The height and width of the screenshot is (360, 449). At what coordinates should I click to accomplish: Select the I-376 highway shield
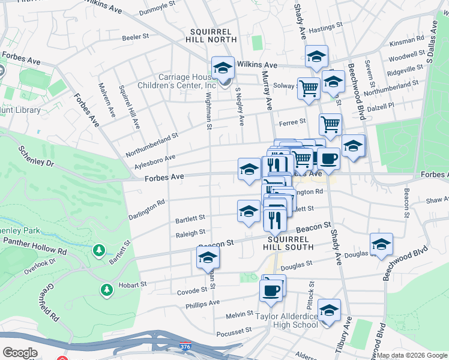[x=187, y=347]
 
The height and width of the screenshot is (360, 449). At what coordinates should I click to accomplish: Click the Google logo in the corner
[x=20, y=353]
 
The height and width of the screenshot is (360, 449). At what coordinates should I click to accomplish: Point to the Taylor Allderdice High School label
[x=287, y=320]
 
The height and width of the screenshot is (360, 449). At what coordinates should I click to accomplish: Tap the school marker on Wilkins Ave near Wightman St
[x=223, y=67]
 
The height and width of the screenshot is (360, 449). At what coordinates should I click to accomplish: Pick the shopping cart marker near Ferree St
[x=330, y=124]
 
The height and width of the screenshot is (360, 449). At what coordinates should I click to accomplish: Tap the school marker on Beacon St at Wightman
[x=208, y=257]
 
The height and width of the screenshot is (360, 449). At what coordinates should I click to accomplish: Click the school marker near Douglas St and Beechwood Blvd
[x=381, y=244]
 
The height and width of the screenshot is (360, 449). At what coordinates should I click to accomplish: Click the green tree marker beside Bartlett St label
[x=99, y=249]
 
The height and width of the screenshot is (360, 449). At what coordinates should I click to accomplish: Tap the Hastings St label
[x=325, y=26]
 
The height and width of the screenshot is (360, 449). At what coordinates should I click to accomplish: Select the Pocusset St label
[x=235, y=331]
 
